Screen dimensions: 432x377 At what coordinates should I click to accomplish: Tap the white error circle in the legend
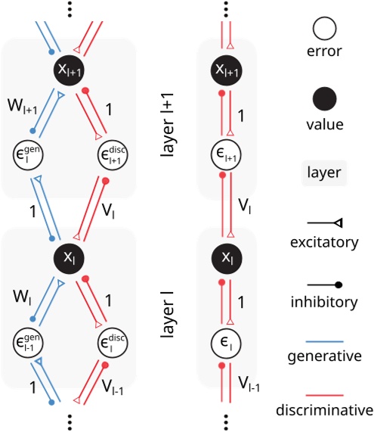324,31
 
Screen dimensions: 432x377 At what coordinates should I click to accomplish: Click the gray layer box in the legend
324,172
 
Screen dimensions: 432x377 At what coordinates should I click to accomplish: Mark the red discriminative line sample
324,393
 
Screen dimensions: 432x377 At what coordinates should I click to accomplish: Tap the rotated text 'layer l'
168,330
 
